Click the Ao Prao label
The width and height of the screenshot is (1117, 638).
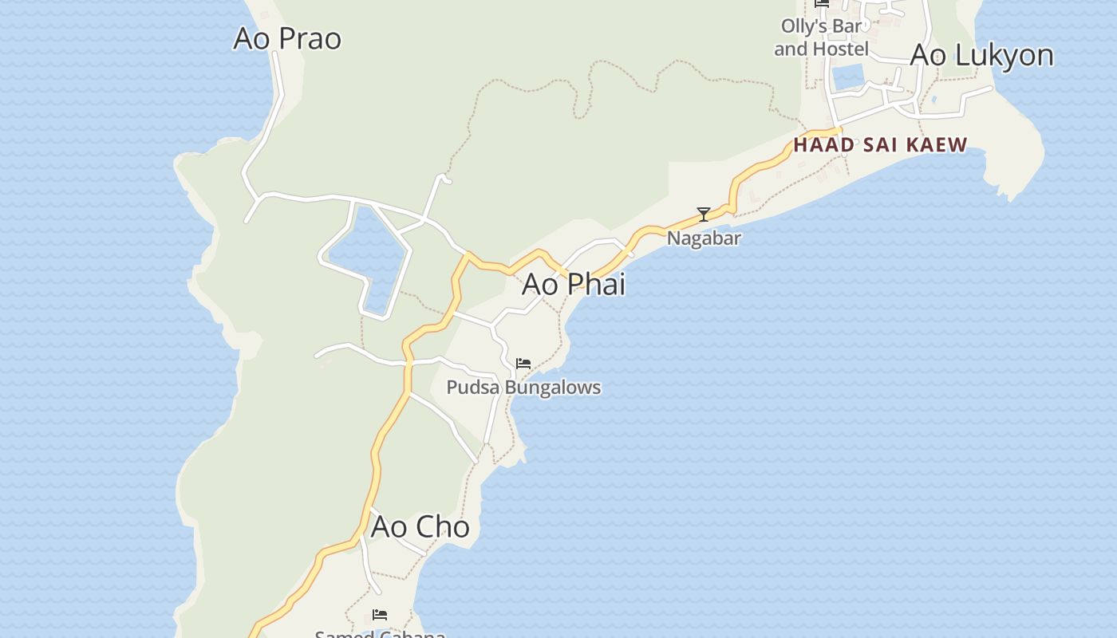tap(287, 38)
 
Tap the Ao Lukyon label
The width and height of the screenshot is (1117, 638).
tap(981, 55)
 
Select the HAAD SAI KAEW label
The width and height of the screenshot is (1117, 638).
tap(880, 145)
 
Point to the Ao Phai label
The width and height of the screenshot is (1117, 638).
tap(574, 284)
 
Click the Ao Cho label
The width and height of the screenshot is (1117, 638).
tap(420, 527)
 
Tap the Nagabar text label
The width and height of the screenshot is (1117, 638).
tap(704, 238)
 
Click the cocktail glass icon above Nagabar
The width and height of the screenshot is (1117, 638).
tap(704, 215)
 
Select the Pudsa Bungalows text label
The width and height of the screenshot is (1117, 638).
tap(523, 388)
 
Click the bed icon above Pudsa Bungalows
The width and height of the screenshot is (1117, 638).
tap(523, 364)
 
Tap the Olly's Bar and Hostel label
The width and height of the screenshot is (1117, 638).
tap(821, 37)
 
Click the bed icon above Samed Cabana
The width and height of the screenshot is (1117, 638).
tap(380, 615)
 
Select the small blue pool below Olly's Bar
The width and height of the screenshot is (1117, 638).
tap(848, 77)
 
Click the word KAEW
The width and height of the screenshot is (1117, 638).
tap(942, 145)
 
